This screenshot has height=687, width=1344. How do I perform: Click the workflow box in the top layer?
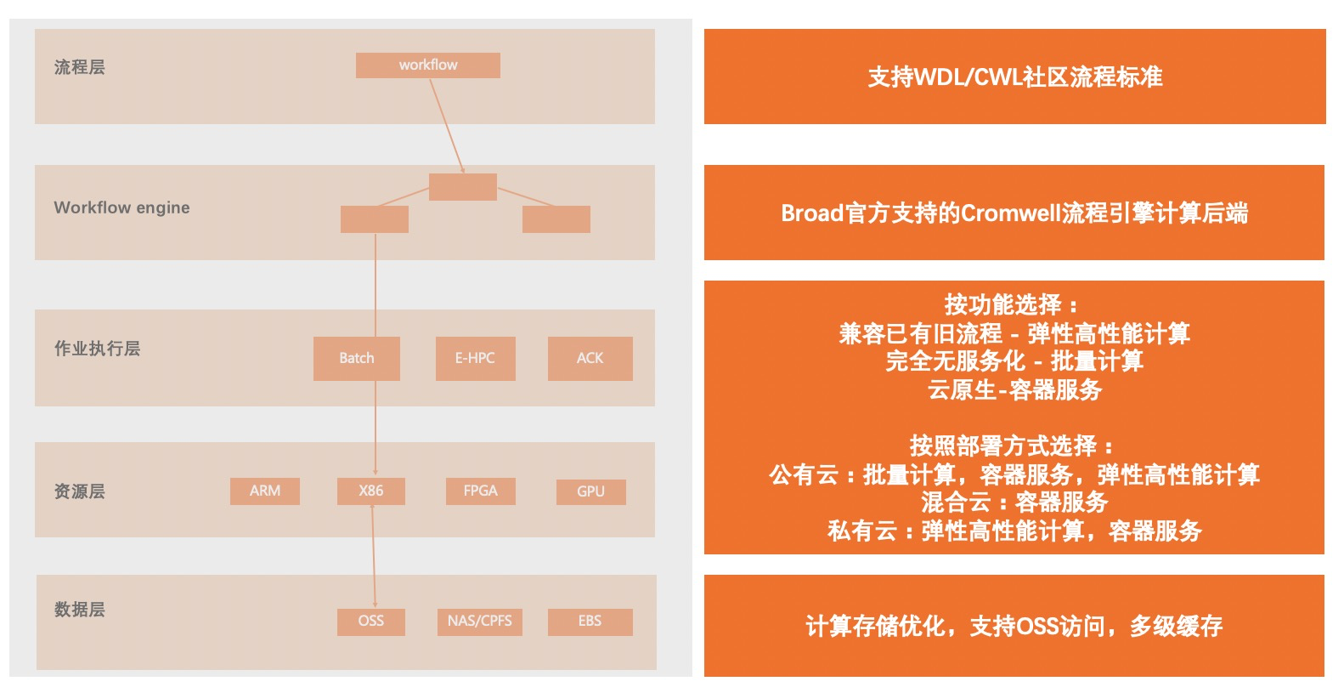tap(427, 65)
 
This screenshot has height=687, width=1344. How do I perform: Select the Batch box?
tap(357, 358)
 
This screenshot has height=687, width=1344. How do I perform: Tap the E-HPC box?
tap(475, 358)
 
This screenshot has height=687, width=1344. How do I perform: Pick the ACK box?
tap(590, 358)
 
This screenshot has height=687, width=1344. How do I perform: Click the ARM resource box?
tap(264, 491)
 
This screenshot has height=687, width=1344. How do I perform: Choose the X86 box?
tap(370, 491)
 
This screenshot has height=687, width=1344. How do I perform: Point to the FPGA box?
tap(480, 491)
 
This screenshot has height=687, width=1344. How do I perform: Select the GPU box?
tap(590, 491)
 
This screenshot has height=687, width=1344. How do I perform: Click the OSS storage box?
tap(370, 621)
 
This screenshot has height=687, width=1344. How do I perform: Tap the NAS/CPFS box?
tap(479, 621)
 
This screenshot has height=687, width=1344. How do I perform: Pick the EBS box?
tap(590, 621)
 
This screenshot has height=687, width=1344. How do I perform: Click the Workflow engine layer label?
tap(121, 207)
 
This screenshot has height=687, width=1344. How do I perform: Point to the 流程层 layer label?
tap(79, 67)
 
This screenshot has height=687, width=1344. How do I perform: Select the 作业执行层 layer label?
tap(97, 349)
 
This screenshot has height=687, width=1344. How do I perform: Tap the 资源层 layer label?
tap(79, 491)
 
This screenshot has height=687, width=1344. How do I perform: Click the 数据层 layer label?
tap(79, 610)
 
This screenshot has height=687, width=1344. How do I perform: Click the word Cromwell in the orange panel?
tap(1011, 213)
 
